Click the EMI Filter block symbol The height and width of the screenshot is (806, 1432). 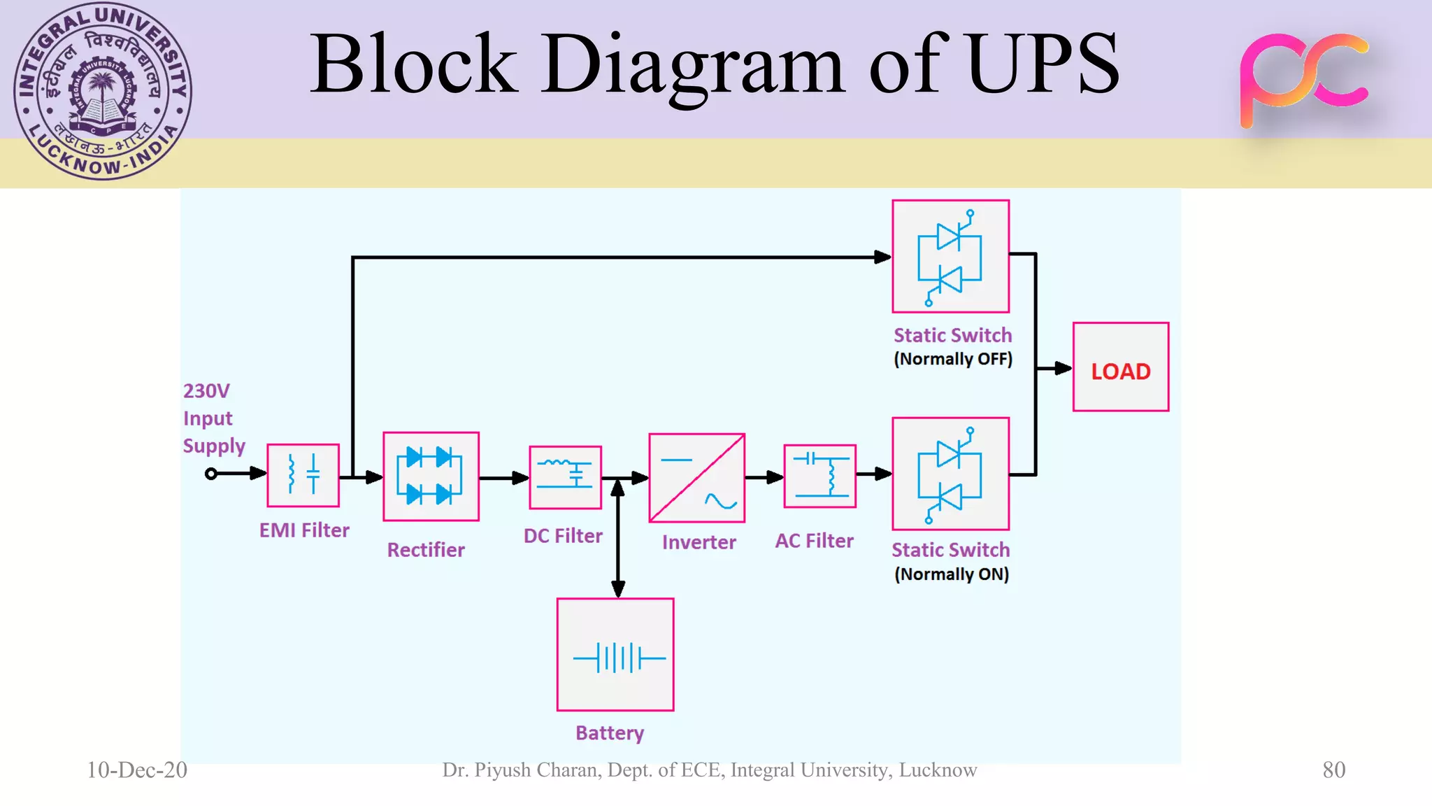click(303, 475)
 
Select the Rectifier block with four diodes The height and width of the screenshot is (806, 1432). click(431, 476)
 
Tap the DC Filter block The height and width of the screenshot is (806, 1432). click(565, 477)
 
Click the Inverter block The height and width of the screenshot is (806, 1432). click(696, 478)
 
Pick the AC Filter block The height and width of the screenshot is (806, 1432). click(819, 476)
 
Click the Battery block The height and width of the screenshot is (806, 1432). click(615, 655)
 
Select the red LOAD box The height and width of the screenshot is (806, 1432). click(1120, 367)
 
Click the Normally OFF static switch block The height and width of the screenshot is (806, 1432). click(950, 256)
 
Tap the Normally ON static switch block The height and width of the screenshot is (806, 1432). click(950, 474)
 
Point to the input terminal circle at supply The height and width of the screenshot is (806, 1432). click(210, 474)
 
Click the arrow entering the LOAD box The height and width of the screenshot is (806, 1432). click(1061, 368)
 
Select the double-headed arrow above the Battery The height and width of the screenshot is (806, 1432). click(618, 537)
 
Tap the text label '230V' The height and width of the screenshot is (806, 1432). click(206, 390)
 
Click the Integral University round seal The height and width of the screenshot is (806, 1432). click(103, 91)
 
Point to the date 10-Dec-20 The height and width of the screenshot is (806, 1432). click(137, 770)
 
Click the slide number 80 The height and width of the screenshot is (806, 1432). click(1333, 770)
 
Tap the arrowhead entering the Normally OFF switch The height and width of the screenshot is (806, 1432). click(882, 257)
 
